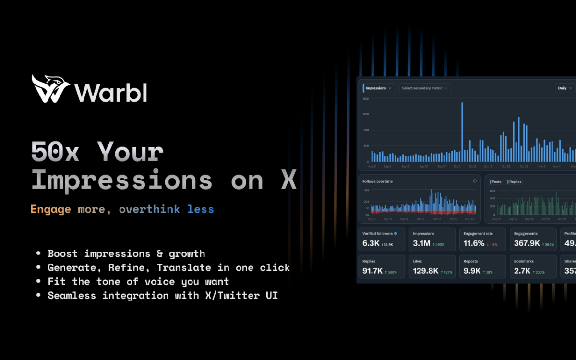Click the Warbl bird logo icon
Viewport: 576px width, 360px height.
(x=49, y=89)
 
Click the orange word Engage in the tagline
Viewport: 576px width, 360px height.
(x=50, y=209)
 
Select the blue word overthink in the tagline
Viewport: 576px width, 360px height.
(x=149, y=209)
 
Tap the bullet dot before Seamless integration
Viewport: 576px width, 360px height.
(x=38, y=296)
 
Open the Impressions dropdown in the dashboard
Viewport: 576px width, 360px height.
(x=379, y=88)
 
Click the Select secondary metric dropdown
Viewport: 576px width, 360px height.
(x=425, y=88)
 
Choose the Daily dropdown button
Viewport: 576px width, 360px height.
(x=564, y=88)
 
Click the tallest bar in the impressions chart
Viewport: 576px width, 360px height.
(x=462, y=132)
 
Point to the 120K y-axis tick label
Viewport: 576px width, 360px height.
(x=366, y=114)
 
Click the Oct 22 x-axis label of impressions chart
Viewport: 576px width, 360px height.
(x=506, y=167)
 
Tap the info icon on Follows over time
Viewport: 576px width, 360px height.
(x=475, y=181)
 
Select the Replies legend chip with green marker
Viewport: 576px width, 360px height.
(x=515, y=182)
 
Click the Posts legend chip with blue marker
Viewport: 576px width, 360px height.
(x=495, y=182)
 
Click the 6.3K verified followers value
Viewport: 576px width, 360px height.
(x=371, y=243)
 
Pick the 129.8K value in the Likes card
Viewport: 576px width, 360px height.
(x=426, y=271)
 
